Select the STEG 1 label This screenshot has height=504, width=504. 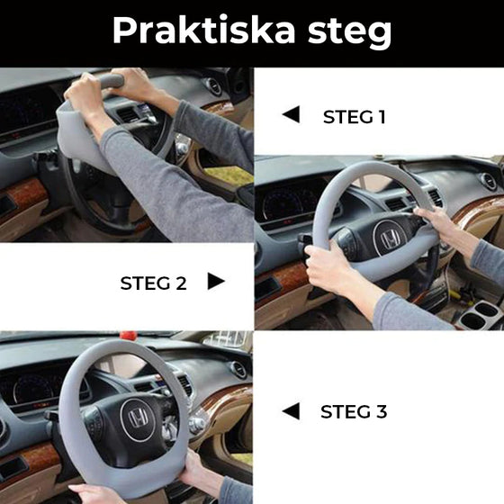[354, 116]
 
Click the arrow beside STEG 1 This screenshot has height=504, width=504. [290, 114]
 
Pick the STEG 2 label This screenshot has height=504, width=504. [153, 283]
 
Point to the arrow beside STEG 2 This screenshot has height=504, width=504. [216, 282]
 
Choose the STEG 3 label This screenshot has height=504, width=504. [354, 412]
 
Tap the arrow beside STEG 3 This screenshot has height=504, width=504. [290, 411]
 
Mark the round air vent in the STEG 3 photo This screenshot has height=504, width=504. [239, 370]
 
